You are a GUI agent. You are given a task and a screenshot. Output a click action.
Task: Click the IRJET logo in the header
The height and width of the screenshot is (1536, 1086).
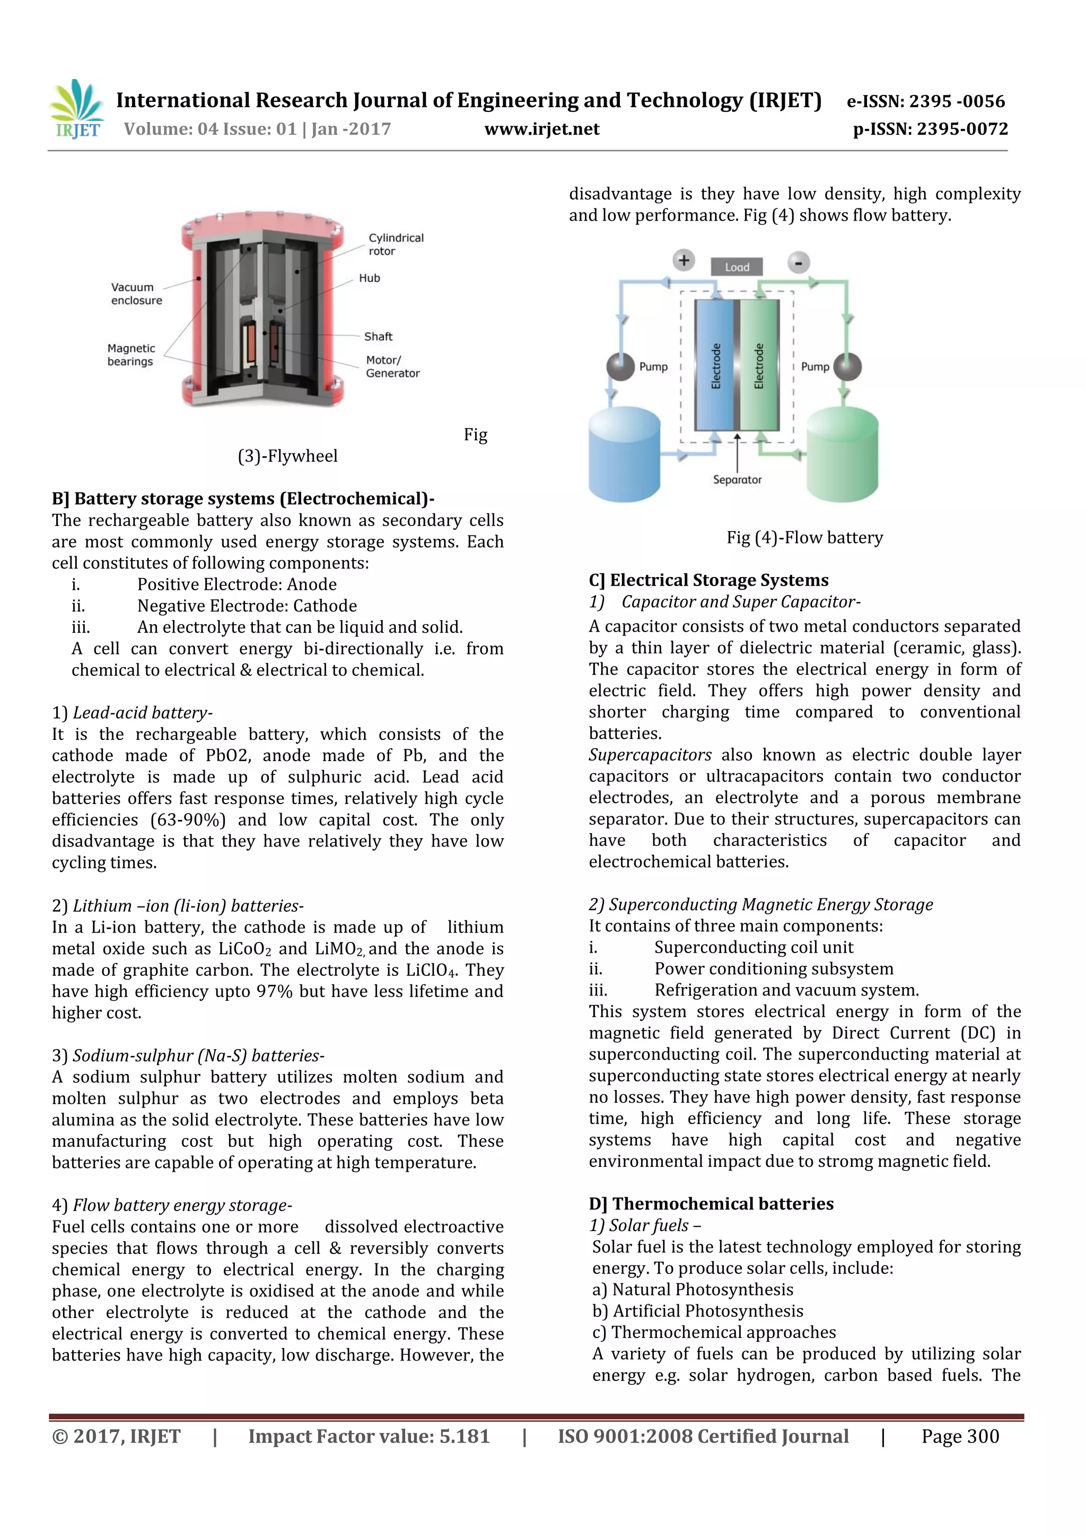click(77, 109)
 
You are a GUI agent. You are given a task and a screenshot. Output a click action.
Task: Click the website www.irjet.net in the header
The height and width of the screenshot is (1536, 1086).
click(541, 129)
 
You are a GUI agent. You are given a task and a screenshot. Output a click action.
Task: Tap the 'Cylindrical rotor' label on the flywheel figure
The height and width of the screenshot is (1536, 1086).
click(396, 244)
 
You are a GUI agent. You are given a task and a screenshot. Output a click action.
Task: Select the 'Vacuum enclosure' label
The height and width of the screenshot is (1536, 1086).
click(136, 294)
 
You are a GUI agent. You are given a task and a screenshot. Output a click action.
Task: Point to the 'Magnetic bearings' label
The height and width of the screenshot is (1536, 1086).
click(131, 355)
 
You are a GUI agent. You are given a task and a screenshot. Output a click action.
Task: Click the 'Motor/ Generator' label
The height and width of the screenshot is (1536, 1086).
click(392, 366)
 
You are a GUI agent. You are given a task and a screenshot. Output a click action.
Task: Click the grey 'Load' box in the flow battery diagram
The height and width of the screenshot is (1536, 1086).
click(737, 267)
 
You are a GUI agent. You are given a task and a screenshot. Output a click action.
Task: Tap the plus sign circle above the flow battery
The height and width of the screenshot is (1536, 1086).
click(684, 260)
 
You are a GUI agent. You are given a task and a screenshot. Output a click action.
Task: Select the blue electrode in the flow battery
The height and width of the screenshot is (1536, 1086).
click(715, 365)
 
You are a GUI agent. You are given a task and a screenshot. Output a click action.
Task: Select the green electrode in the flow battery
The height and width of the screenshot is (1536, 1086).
click(759, 365)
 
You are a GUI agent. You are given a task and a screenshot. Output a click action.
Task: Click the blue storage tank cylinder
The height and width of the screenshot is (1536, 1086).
click(624, 455)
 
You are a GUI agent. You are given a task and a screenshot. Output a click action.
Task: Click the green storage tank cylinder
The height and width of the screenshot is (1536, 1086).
click(842, 455)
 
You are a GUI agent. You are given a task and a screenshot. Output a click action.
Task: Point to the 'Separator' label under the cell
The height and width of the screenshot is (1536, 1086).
click(737, 479)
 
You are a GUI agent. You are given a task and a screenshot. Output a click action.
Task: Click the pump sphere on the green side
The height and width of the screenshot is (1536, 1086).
click(847, 366)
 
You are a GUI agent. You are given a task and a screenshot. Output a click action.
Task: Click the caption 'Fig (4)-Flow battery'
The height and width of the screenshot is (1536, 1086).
click(804, 537)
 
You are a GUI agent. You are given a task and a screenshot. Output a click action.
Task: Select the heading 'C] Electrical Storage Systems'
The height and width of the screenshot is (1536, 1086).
click(708, 580)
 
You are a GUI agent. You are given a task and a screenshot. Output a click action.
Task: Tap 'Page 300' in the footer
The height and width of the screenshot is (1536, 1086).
click(960, 1436)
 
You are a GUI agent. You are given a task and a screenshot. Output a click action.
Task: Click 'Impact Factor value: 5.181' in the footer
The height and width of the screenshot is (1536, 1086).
click(369, 1436)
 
